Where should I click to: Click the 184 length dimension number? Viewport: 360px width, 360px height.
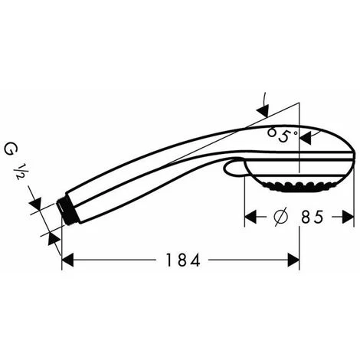coord(182,260)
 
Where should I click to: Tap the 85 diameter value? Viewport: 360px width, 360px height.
coord(313,217)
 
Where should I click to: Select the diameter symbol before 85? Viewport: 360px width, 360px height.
coord(280,217)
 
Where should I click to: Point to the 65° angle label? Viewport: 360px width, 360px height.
coord(283,135)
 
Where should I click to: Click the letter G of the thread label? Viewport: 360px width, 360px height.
coord(10,149)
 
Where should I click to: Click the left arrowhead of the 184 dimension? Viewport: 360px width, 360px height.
coord(67,260)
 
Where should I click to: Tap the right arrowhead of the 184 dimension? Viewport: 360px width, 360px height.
coord(293,260)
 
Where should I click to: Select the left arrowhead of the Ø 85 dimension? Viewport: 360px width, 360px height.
coord(250,217)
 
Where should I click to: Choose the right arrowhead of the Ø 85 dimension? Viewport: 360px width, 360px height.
coord(349,217)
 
